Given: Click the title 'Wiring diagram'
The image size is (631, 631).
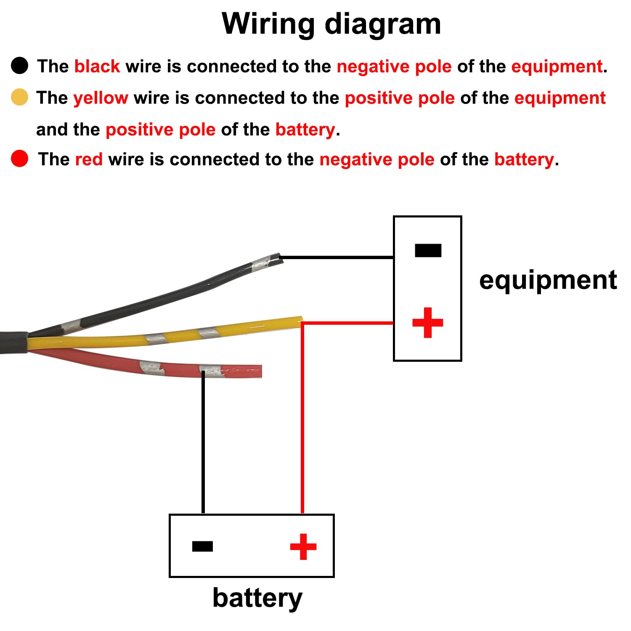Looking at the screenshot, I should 331,24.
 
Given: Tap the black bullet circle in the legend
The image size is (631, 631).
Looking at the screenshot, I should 19,66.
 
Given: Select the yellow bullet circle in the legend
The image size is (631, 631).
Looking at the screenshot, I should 19,97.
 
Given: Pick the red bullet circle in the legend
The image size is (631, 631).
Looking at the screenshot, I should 19,159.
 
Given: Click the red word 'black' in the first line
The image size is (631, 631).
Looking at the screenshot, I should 97,66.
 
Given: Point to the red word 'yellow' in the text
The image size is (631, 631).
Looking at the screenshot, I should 101,98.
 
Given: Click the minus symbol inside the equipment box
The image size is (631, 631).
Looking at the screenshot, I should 428,250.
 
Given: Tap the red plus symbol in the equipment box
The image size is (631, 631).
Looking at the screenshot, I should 428,323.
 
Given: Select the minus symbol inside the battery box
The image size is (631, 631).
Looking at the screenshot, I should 202,546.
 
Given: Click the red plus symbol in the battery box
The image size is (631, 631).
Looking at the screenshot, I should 303,546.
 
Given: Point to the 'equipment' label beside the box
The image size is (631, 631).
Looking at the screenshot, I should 548,280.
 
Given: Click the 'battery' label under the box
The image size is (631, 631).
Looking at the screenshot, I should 257,597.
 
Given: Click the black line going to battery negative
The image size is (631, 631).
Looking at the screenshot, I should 203,442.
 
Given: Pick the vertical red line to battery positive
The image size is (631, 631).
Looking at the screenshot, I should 302,421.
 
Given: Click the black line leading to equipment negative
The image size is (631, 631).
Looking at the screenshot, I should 337,257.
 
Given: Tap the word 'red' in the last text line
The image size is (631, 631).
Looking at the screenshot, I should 89,159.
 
